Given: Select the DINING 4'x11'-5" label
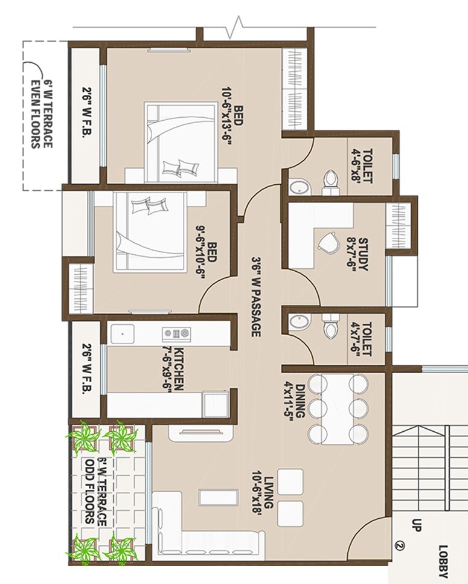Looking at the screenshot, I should tap(291, 398).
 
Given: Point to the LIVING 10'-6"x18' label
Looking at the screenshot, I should tap(266, 490).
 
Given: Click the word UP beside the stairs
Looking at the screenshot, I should tap(415, 524).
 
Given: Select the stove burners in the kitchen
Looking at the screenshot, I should tap(176, 333).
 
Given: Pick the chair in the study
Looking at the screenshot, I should tap(330, 243).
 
